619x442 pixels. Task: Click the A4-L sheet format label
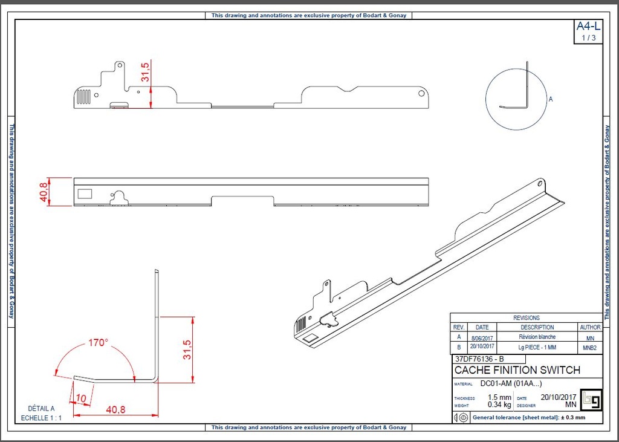point(588,26)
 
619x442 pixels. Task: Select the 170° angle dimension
point(98,342)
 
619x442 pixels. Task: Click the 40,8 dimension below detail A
point(115,409)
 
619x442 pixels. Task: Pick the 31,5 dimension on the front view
point(146,72)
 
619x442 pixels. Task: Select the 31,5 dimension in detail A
point(187,349)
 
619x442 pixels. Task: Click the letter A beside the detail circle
point(550,99)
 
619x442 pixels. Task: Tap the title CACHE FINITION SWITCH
point(517,370)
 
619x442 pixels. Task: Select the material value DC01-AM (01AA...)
point(511,383)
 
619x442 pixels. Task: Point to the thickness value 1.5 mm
point(499,397)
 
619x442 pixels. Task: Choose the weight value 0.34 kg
point(499,405)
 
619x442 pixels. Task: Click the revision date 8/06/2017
point(482,337)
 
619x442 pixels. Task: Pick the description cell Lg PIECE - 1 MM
point(537,347)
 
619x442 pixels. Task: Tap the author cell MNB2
point(590,348)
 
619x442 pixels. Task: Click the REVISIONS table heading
point(527,317)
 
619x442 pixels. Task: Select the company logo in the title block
point(589,399)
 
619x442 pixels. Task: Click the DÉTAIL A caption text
point(41,408)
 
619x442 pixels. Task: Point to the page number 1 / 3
point(588,37)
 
